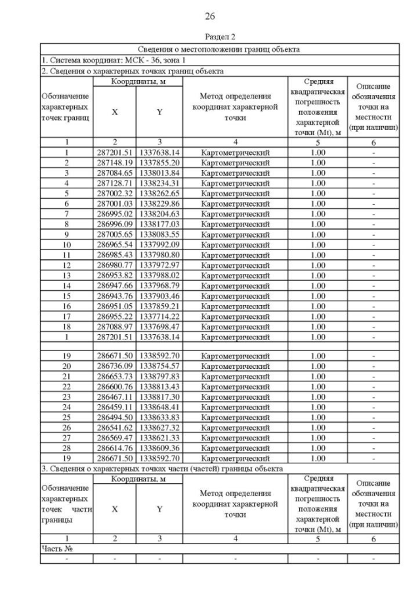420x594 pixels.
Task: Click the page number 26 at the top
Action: coord(210,16)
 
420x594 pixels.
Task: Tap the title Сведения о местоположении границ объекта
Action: coord(219,49)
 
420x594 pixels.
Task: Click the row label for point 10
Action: coord(66,244)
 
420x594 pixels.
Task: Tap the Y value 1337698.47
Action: coord(159,327)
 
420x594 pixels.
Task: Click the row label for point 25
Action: coord(66,416)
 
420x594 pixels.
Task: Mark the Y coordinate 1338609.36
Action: coord(159,448)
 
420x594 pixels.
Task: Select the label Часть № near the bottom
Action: coord(55,548)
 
